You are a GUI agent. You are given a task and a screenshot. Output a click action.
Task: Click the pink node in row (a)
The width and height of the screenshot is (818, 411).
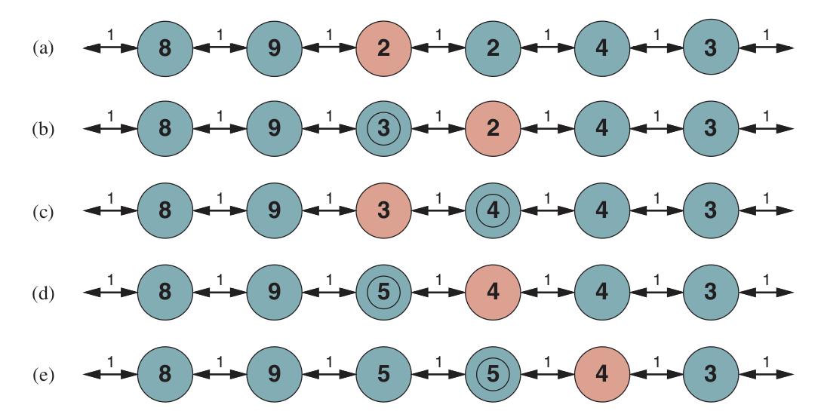click(383, 48)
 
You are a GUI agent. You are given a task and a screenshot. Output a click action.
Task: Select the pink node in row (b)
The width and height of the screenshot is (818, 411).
click(493, 128)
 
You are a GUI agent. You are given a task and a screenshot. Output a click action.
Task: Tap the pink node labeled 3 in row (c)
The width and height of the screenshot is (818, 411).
click(383, 210)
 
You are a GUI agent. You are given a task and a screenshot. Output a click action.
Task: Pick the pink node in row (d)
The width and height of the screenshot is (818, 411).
click(493, 292)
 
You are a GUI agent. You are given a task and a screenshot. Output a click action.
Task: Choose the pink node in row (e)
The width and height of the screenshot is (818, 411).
click(602, 374)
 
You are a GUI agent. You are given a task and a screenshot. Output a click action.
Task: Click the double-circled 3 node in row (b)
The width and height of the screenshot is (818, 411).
click(383, 128)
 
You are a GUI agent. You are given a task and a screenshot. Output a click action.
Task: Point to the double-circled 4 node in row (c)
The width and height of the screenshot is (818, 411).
click(493, 210)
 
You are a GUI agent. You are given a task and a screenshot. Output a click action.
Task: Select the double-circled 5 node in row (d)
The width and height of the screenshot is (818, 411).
click(383, 292)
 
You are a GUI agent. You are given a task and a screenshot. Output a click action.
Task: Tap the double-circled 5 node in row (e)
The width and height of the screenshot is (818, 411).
click(493, 374)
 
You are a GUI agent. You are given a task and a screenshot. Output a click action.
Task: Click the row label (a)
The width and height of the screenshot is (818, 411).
click(43, 48)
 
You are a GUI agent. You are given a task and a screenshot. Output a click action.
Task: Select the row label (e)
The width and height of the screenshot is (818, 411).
click(43, 375)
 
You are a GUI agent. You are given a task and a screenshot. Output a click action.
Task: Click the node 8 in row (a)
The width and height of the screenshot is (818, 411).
click(165, 48)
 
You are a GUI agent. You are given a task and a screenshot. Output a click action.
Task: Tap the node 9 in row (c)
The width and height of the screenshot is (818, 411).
click(275, 210)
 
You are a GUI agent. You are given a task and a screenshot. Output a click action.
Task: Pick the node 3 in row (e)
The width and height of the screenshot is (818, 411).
click(711, 374)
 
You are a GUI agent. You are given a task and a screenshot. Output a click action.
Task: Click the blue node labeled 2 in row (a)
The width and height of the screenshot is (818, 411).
click(493, 48)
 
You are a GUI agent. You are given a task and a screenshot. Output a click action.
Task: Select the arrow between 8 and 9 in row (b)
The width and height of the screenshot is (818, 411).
click(220, 128)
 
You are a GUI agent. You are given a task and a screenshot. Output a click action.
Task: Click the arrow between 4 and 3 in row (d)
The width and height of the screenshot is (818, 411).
click(657, 292)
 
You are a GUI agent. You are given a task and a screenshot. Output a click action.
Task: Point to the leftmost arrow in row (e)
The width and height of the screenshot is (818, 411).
click(110, 374)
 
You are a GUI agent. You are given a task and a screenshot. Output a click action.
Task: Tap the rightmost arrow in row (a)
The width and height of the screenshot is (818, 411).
click(766, 48)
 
